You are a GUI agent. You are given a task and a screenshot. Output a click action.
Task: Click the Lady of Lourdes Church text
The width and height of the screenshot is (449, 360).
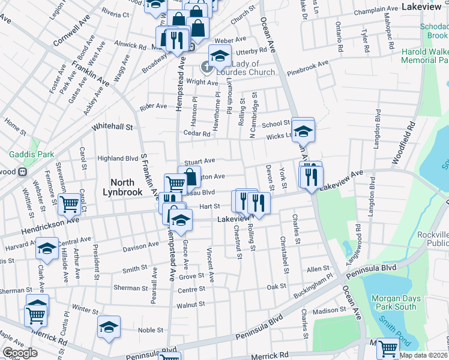click(244, 68)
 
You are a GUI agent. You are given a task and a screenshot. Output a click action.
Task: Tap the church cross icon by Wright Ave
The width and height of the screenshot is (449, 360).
click(208, 67)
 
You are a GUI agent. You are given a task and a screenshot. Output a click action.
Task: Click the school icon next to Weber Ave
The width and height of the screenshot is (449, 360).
click(220, 56)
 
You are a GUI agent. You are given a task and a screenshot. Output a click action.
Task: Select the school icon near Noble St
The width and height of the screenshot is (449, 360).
click(109, 327)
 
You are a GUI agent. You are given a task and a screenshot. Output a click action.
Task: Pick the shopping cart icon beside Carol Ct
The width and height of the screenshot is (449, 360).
click(70, 203)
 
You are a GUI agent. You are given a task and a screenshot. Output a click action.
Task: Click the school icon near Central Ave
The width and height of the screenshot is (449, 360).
click(47, 248)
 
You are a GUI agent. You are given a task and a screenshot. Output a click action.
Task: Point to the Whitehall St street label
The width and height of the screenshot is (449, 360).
click(112, 127)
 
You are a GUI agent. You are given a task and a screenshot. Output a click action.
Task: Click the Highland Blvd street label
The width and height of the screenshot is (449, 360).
click(118, 158)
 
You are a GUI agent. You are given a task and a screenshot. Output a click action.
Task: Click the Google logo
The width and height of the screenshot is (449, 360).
click(20, 353)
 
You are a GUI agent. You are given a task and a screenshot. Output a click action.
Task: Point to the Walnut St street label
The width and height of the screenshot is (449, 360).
click(190, 305)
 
